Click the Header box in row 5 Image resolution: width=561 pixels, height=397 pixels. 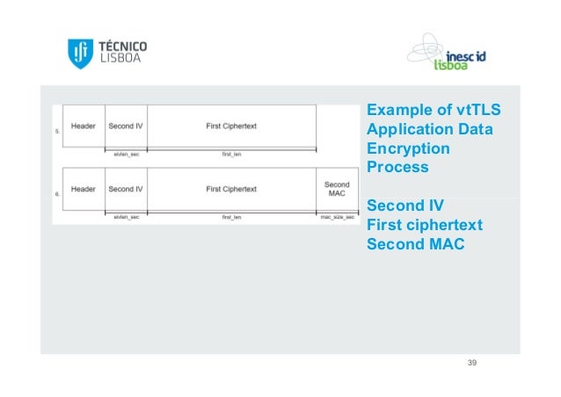pyautogui.click(x=84, y=126)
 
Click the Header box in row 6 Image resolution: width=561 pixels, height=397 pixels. pyautogui.click(x=84, y=189)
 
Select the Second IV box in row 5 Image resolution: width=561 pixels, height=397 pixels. pyautogui.click(x=127, y=126)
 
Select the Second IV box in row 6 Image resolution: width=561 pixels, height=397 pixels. pyautogui.click(x=127, y=189)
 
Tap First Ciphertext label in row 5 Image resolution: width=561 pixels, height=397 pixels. pyautogui.click(x=231, y=126)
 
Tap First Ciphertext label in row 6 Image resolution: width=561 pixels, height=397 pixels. pyautogui.click(x=231, y=189)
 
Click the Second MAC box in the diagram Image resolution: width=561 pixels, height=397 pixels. pyautogui.click(x=337, y=190)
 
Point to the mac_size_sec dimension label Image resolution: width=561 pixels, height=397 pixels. pyautogui.click(x=337, y=216)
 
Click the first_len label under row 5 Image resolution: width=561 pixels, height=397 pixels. pyautogui.click(x=231, y=154)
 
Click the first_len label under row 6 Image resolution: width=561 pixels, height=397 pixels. pyautogui.click(x=231, y=216)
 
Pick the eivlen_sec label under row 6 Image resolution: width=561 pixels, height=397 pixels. pyautogui.click(x=127, y=216)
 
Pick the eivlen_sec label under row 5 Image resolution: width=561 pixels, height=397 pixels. pyautogui.click(x=127, y=154)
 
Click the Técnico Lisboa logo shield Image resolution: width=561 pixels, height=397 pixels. pyautogui.click(x=79, y=54)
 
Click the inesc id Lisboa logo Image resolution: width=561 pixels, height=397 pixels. pyautogui.click(x=449, y=54)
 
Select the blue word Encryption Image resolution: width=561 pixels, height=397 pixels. pyautogui.click(x=408, y=148)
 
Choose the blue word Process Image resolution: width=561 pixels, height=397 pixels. pyautogui.click(x=397, y=167)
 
